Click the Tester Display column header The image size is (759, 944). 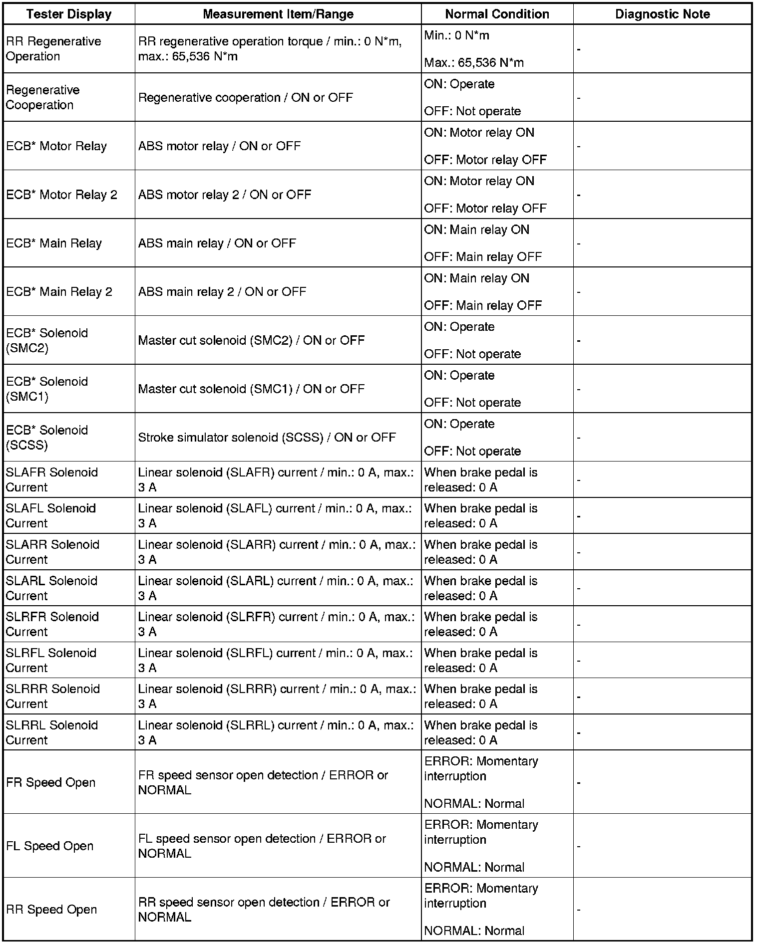pos(69,14)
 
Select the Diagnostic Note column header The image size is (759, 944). pos(662,14)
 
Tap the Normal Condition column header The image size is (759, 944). pos(497,14)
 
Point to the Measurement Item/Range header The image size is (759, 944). pos(278,14)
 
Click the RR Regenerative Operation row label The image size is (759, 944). pos(53,49)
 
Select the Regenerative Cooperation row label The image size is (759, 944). pos(43,97)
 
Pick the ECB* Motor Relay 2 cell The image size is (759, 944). pos(61,195)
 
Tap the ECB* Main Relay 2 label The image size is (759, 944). pos(59,292)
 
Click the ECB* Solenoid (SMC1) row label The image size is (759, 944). pos(47,389)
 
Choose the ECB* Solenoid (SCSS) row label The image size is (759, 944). pos(47,437)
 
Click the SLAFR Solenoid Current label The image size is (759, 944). pos(52,479)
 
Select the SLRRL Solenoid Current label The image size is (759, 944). pos(52,732)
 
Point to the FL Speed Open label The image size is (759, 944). pos(50,846)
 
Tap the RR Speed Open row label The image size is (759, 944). pos(51,910)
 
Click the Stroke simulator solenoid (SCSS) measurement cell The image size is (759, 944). pos(267,438)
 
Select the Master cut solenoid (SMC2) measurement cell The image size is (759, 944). pos(251,340)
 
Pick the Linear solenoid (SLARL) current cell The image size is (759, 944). pos(276,588)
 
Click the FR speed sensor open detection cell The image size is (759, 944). pos(263,782)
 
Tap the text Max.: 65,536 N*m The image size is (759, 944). pos(474,63)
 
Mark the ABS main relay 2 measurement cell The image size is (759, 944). pos(222,292)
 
